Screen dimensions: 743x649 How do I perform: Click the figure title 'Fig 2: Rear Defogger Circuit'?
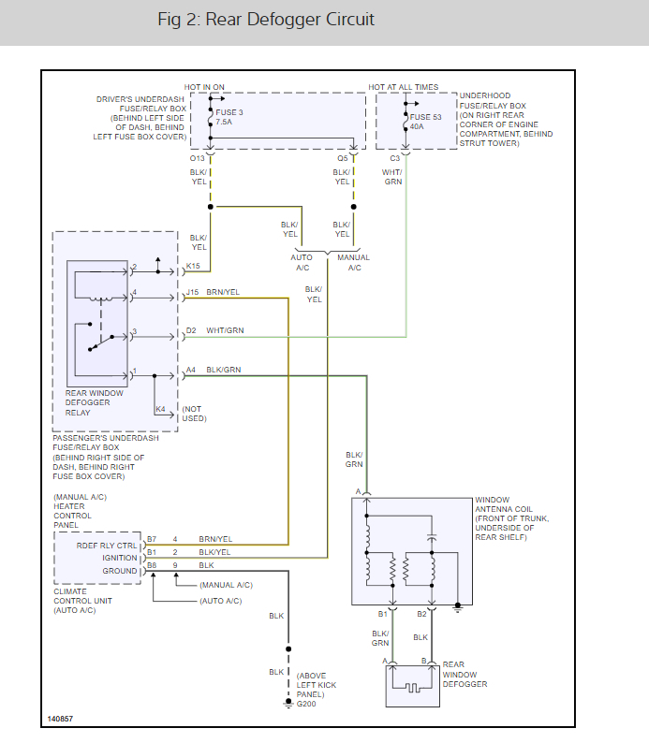tap(267, 20)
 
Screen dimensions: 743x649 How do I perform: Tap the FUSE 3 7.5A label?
tap(224, 117)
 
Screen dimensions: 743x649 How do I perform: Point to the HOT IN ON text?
tap(204, 87)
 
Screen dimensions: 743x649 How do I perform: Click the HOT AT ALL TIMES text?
tap(403, 87)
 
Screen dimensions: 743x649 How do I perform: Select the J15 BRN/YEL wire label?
tap(213, 292)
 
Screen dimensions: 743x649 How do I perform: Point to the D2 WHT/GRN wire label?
tap(214, 330)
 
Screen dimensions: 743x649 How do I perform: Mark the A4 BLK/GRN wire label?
tap(213, 370)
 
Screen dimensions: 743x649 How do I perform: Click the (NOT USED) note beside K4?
tap(193, 413)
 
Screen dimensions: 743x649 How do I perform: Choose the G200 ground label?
tap(307, 704)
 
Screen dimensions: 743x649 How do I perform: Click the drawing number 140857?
tap(62, 720)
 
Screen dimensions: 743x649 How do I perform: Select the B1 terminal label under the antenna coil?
tap(382, 615)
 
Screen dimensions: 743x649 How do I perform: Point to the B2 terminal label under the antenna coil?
tap(421, 615)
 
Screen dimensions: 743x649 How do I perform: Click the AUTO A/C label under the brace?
tap(302, 262)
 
